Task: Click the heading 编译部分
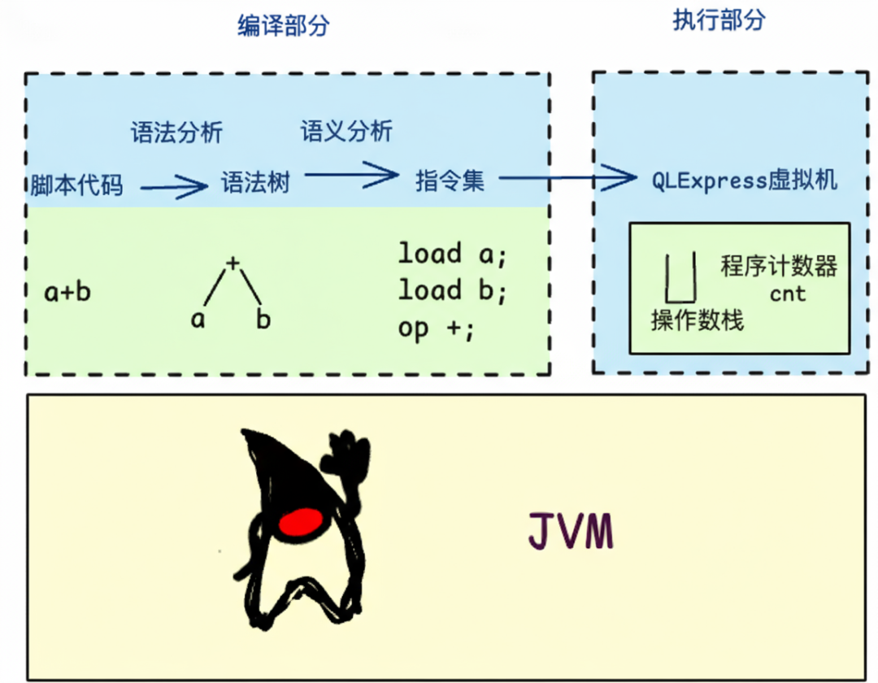pyautogui.click(x=284, y=26)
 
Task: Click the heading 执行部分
pyautogui.click(x=719, y=20)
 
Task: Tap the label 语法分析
pyautogui.click(x=176, y=133)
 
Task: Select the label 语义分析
pyautogui.click(x=346, y=131)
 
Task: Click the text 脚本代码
pyautogui.click(x=77, y=185)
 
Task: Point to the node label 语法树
pyautogui.click(x=255, y=182)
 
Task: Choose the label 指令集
pyautogui.click(x=450, y=180)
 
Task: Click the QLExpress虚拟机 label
pyautogui.click(x=744, y=181)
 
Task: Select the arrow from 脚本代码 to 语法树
pyautogui.click(x=173, y=188)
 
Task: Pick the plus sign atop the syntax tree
pyautogui.click(x=233, y=262)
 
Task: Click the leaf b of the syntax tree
pyautogui.click(x=263, y=320)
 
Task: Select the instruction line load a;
pyautogui.click(x=452, y=254)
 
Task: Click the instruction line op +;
pyautogui.click(x=435, y=328)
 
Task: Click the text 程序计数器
pyautogui.click(x=778, y=266)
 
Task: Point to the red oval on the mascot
pyautogui.click(x=300, y=522)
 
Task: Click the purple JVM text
pyautogui.click(x=569, y=532)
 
